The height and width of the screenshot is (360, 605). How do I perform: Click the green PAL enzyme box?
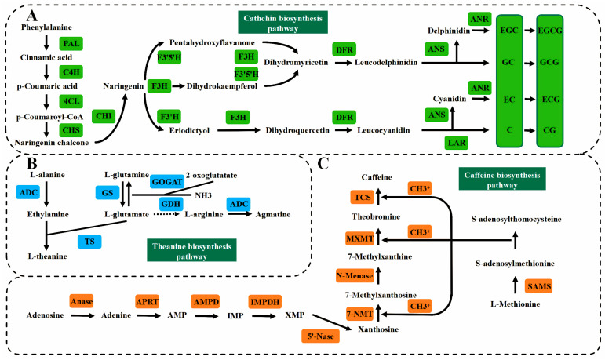[71, 44]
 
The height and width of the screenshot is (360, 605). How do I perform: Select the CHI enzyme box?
[104, 116]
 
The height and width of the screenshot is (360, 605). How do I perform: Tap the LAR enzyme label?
[457, 143]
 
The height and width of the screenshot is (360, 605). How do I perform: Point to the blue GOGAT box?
[166, 182]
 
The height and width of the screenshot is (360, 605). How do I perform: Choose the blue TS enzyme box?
[89, 242]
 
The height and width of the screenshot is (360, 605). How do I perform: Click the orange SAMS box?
[539, 286]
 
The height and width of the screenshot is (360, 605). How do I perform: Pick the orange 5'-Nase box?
[320, 336]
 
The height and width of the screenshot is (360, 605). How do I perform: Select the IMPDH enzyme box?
[265, 301]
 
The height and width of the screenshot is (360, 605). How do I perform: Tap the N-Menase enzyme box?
[355, 275]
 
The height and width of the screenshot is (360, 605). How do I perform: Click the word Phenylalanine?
[46, 27]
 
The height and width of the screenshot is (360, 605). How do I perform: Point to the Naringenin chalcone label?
[52, 143]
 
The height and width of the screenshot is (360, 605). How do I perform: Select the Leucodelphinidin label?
[386, 62]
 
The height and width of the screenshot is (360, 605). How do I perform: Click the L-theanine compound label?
[47, 256]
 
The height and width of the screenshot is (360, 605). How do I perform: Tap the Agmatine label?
[273, 215]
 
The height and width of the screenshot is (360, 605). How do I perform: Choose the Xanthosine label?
[378, 329]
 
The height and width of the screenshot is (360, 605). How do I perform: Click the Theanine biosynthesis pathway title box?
[191, 250]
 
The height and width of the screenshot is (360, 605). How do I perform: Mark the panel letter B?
[32, 163]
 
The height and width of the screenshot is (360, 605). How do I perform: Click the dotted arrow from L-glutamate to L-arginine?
[166, 214]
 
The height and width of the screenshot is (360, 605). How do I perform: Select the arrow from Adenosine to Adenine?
[82, 315]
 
